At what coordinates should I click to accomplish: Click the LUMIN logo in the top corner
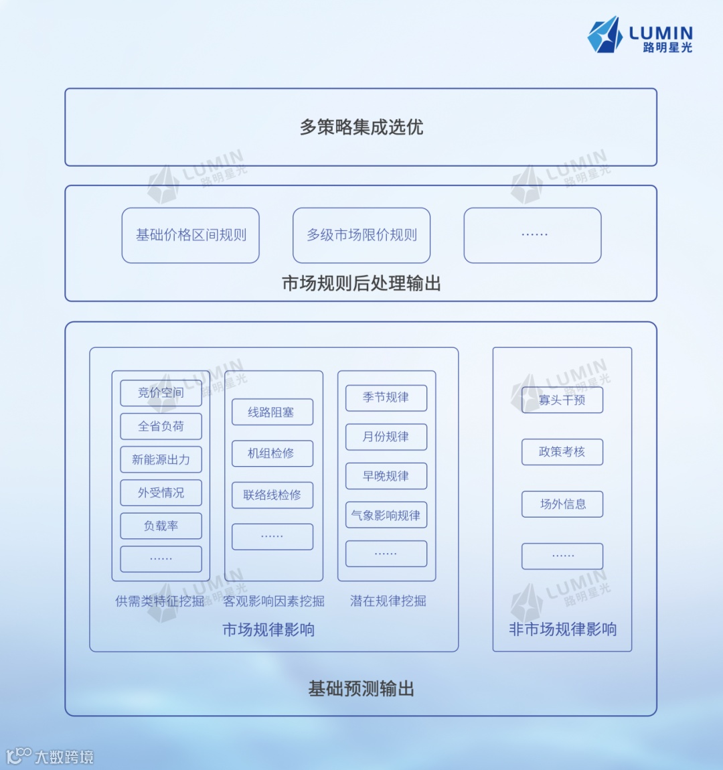[x=640, y=35]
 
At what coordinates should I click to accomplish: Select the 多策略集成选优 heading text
[x=361, y=127]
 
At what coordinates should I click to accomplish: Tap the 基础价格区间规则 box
[x=191, y=235]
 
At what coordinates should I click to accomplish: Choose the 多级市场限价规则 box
[x=361, y=235]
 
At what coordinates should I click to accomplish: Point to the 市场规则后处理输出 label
[x=361, y=284]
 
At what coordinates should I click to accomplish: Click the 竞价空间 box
[x=161, y=393]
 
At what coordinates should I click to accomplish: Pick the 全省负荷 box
[x=161, y=427]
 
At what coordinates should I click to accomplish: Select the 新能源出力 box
[x=161, y=460]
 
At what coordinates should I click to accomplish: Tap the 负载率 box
[x=161, y=526]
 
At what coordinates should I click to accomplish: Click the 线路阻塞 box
[x=272, y=412]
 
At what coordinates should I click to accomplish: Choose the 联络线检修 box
[x=272, y=495]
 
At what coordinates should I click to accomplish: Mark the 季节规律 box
[x=386, y=398]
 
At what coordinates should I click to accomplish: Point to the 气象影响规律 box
[x=386, y=516]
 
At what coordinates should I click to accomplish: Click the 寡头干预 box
[x=562, y=400]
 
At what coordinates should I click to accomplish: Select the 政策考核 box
[x=562, y=452]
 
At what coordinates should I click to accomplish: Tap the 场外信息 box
[x=562, y=504]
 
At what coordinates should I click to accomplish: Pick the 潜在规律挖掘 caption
[x=388, y=601]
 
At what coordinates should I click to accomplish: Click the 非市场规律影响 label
[x=562, y=629]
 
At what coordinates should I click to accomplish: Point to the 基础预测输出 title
[x=361, y=689]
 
